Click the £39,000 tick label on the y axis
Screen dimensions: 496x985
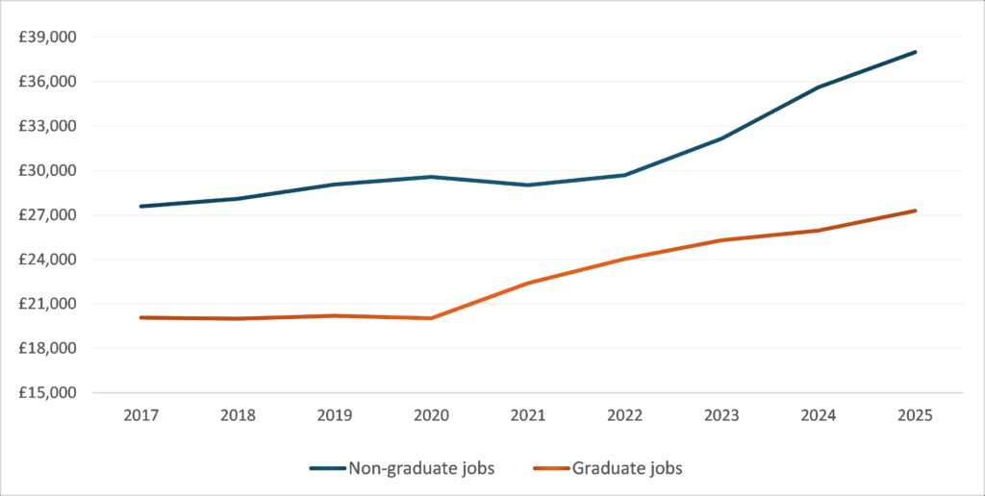pyautogui.click(x=49, y=37)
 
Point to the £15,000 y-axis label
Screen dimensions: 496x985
pyautogui.click(x=49, y=392)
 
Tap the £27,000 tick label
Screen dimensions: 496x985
pyautogui.click(x=49, y=215)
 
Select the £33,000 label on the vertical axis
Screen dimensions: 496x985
pyautogui.click(x=49, y=126)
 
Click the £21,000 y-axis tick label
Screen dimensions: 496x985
pyautogui.click(x=49, y=304)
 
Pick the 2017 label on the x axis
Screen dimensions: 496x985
pyautogui.click(x=140, y=415)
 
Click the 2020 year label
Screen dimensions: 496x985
pyautogui.click(x=431, y=415)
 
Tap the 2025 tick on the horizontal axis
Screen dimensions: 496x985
pyautogui.click(x=915, y=415)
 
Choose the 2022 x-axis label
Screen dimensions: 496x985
pyautogui.click(x=624, y=415)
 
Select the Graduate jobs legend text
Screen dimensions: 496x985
pyautogui.click(x=627, y=468)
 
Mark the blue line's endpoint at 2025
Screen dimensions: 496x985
pyautogui.click(x=916, y=52)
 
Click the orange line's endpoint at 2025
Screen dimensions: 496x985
pyautogui.click(x=916, y=211)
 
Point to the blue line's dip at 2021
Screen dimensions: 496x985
pyautogui.click(x=528, y=185)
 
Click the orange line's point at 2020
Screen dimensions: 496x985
pyautogui.click(x=431, y=318)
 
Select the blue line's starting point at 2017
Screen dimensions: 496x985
pyautogui.click(x=140, y=206)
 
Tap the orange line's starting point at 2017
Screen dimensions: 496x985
pyautogui.click(x=140, y=317)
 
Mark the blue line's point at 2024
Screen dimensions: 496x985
pyautogui.click(x=819, y=87)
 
